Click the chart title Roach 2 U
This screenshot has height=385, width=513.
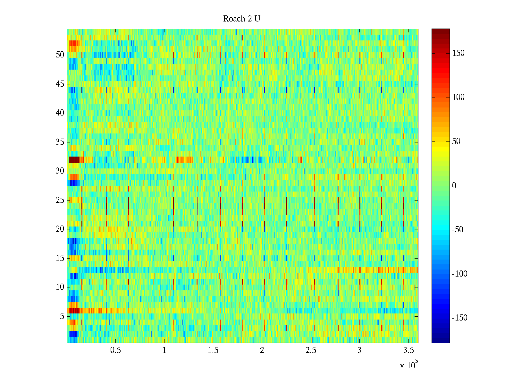241,19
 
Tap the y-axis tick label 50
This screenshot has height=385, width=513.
60,55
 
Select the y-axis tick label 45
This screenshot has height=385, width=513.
60,84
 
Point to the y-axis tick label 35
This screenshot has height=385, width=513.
60,142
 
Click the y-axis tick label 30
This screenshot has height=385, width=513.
60,171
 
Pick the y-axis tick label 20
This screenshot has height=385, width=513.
60,229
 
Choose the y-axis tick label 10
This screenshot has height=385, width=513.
60,287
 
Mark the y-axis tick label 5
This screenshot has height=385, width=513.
62,316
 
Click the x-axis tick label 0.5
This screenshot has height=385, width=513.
115,350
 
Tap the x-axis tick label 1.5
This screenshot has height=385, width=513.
213,350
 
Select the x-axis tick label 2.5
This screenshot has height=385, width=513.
311,350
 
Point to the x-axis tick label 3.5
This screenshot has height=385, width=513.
408,350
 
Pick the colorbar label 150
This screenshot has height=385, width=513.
458,53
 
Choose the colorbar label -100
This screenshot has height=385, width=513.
459,274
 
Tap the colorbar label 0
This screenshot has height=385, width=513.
454,186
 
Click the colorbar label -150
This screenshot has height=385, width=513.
459,318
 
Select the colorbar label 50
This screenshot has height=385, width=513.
456,141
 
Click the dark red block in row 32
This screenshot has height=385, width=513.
74,159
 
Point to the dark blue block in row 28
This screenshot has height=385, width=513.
74,183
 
